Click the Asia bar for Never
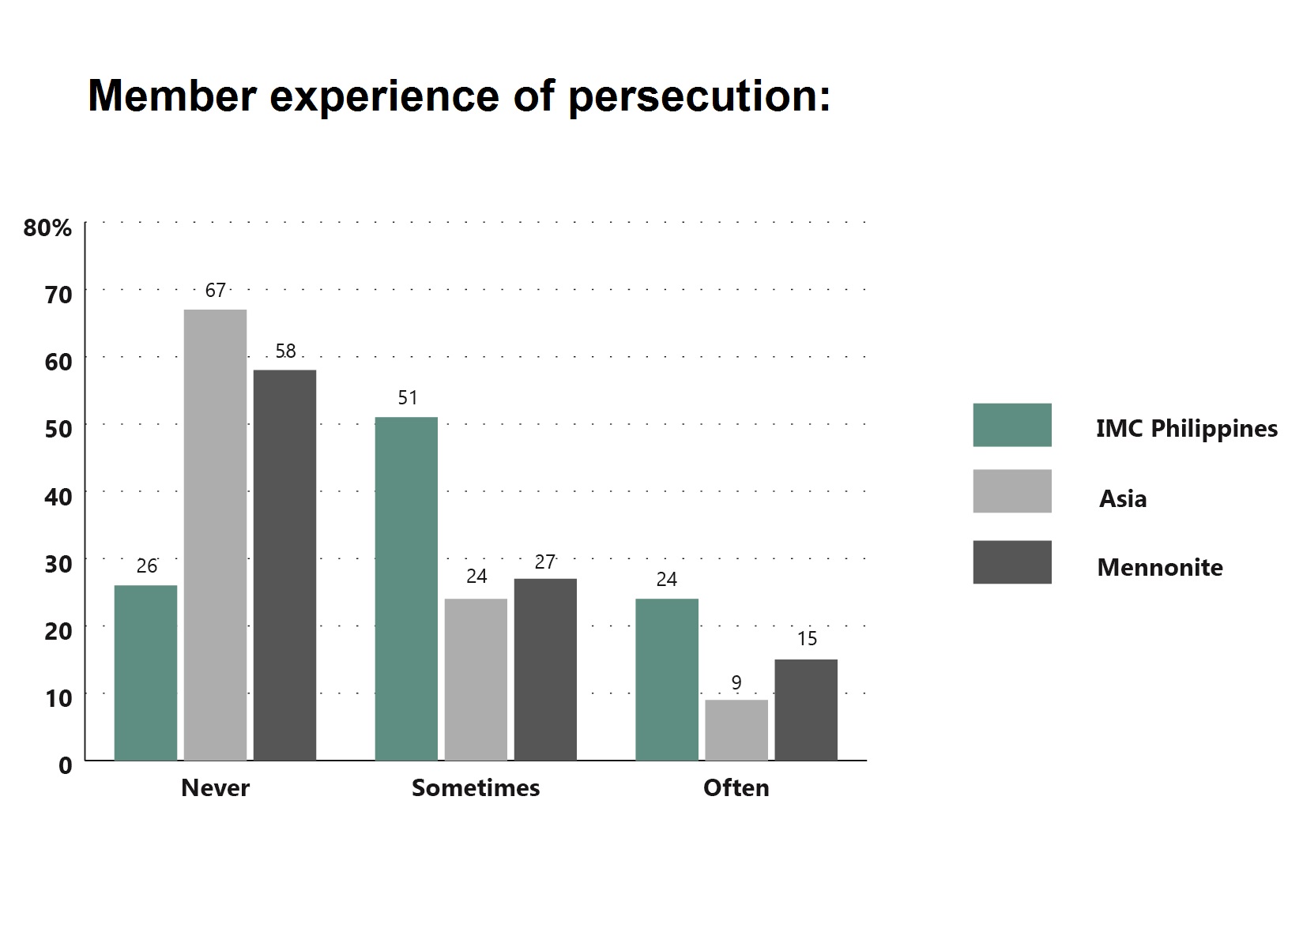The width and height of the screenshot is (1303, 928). point(215,535)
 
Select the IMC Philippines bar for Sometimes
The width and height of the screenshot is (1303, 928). point(406,588)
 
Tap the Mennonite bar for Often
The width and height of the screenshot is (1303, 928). point(806,710)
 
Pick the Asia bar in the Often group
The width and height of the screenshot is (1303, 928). point(736,731)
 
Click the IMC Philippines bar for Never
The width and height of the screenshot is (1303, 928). point(145,673)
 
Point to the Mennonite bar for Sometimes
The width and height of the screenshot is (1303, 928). point(546,669)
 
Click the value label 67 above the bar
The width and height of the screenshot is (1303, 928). point(215,290)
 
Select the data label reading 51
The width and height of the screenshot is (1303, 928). point(408,398)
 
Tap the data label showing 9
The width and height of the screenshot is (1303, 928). point(736,682)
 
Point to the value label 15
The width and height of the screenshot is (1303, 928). point(807,638)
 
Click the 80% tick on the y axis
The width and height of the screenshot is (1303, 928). point(47,227)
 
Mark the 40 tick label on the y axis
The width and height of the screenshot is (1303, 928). point(58,497)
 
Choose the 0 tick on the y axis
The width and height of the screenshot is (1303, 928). point(65,765)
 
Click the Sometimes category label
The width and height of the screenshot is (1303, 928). point(476,788)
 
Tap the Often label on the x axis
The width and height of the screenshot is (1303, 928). point(736,788)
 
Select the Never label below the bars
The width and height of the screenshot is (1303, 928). point(215,788)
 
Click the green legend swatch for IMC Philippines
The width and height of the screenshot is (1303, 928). point(1012,425)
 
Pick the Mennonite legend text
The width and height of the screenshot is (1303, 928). point(1160,567)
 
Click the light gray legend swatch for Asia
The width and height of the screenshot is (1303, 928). point(1012,491)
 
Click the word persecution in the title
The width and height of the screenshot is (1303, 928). point(699,96)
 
